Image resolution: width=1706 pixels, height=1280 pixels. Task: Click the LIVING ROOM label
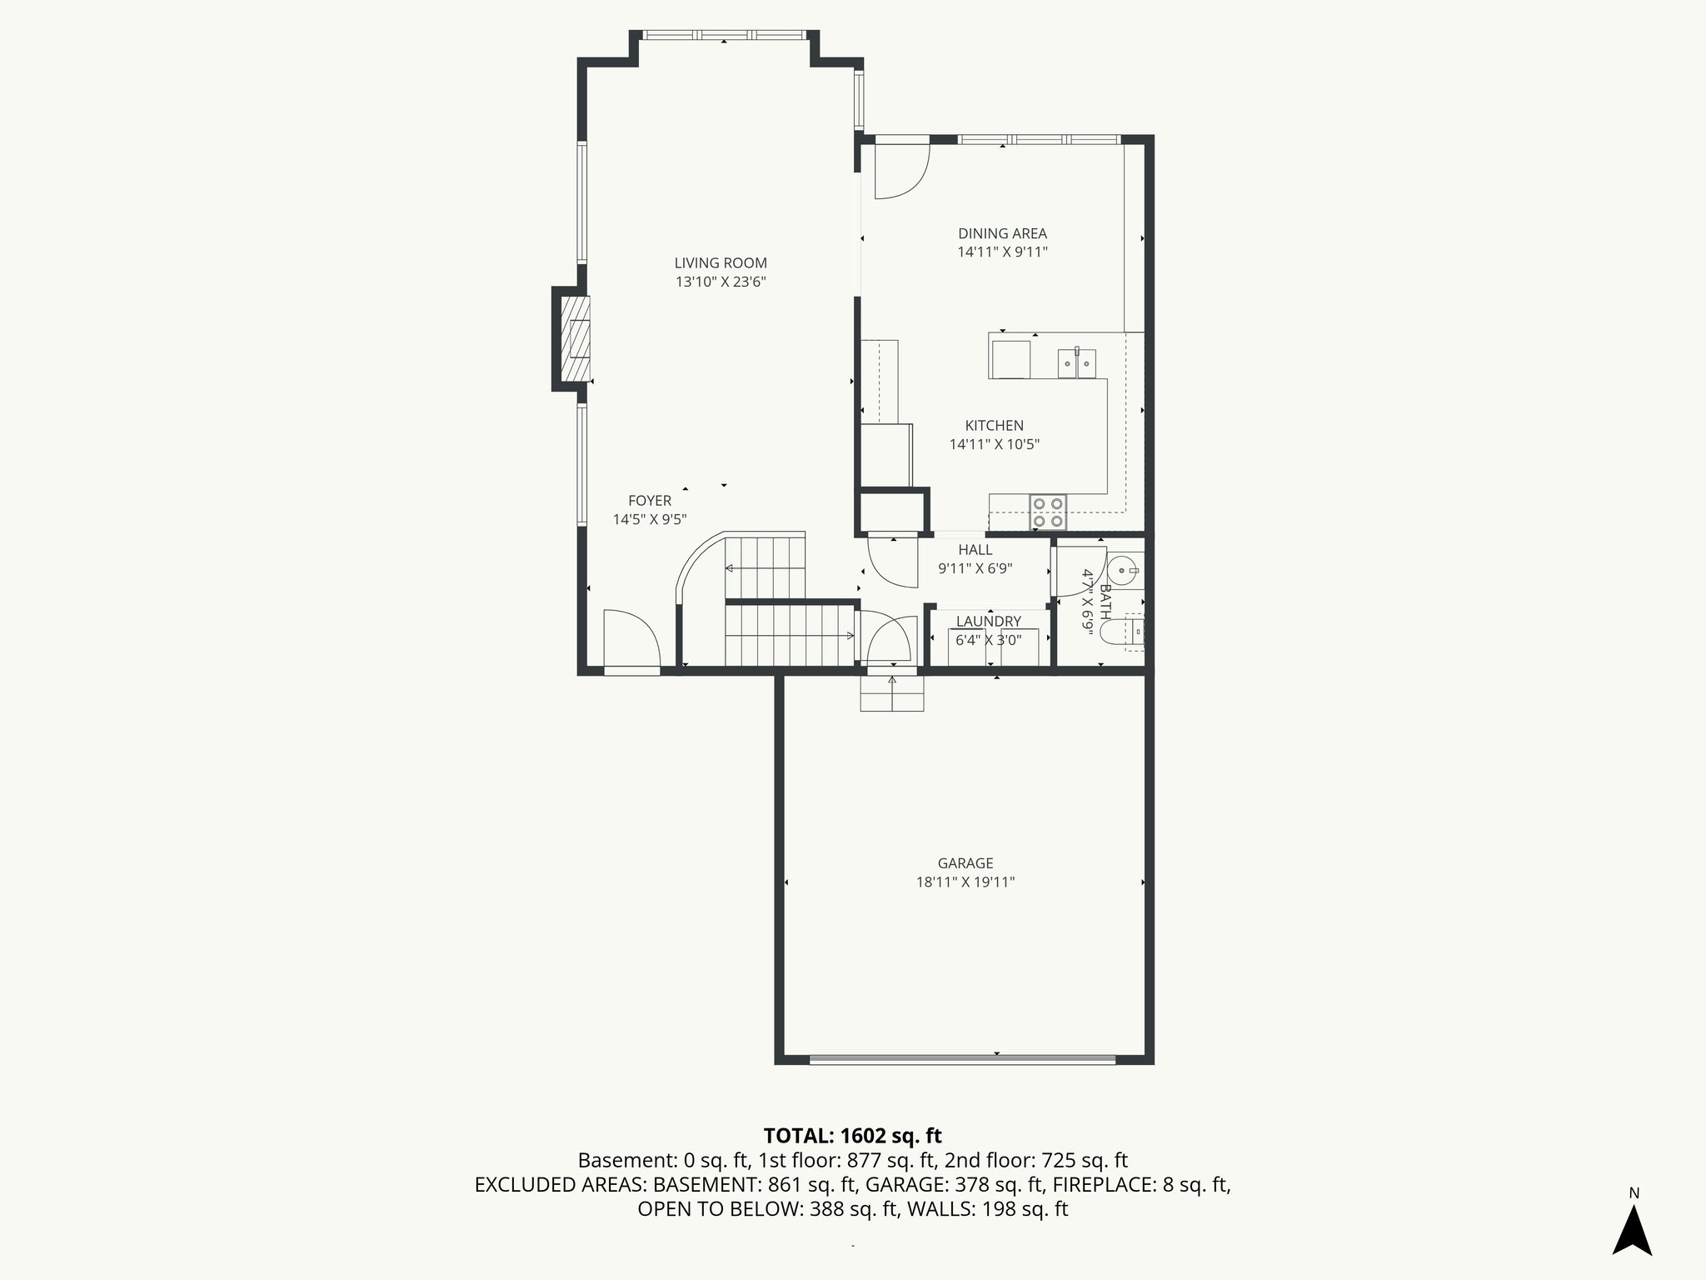(x=721, y=263)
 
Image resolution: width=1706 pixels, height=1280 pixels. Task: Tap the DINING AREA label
(x=1002, y=234)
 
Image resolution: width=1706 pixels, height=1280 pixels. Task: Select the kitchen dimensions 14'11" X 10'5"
(x=994, y=445)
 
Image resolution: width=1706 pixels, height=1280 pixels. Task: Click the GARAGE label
(x=965, y=863)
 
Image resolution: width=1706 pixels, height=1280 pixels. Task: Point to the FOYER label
(x=650, y=501)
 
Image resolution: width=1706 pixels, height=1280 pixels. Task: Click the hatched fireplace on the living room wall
(x=575, y=338)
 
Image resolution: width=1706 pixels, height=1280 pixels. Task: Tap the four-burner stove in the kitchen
(x=1048, y=512)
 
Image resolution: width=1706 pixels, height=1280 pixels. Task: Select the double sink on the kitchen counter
(x=1077, y=363)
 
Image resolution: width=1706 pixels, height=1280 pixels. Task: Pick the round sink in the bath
(x=1125, y=571)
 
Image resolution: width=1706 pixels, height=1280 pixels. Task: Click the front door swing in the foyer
(x=631, y=637)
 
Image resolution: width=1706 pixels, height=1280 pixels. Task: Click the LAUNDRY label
(x=988, y=622)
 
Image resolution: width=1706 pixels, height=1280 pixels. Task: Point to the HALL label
(x=975, y=550)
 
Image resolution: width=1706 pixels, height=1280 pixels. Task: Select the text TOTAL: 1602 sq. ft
(x=852, y=1136)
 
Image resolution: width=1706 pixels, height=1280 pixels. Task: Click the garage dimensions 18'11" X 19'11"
(x=965, y=882)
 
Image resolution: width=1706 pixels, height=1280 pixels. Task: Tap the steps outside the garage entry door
(x=892, y=693)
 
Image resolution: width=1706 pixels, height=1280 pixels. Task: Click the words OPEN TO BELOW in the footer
(x=719, y=1209)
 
